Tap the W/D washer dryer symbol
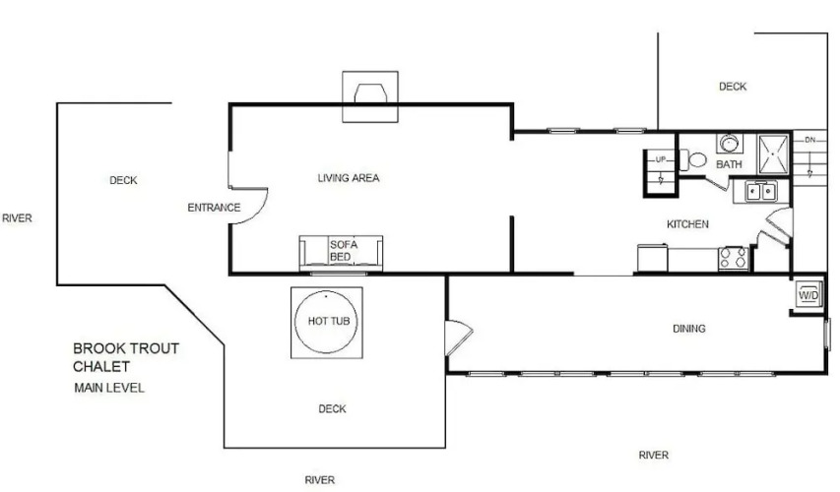[x=808, y=295]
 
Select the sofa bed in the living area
[x=341, y=253]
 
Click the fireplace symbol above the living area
[x=370, y=96]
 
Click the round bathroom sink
[x=729, y=144]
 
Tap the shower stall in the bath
[x=773, y=154]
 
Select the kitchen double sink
[x=761, y=191]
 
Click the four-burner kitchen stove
[x=734, y=258]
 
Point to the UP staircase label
[x=661, y=159]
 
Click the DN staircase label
[x=810, y=140]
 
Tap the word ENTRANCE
[x=214, y=208]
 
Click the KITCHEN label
[x=687, y=224]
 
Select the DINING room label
[x=689, y=329]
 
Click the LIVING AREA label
[x=349, y=178]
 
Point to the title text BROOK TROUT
[x=126, y=348]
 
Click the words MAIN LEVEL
[x=109, y=388]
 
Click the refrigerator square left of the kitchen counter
[x=653, y=258]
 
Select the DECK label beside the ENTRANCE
[x=123, y=180]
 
